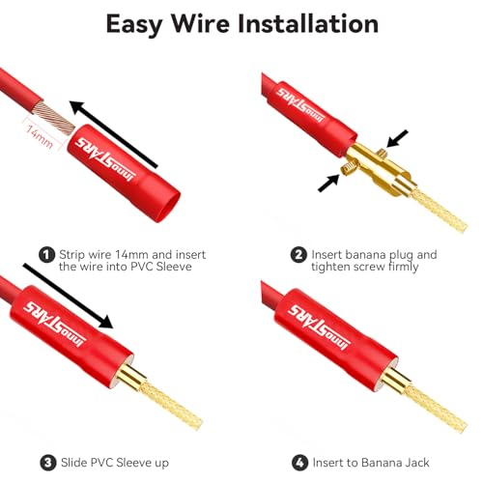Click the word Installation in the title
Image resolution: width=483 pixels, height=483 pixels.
[x=308, y=23]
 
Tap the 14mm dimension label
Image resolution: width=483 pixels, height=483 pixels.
[x=40, y=137]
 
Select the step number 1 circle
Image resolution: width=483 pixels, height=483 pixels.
[x=46, y=255]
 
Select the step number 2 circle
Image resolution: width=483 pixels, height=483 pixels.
[x=298, y=255]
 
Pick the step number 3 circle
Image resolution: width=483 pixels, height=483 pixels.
[x=48, y=463]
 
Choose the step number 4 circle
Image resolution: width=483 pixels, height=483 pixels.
[x=299, y=463]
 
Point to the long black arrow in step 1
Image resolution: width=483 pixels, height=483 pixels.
[x=113, y=134]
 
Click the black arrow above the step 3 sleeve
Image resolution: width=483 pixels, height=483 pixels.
[x=68, y=296]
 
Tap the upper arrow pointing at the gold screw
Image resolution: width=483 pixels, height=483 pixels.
[x=397, y=138]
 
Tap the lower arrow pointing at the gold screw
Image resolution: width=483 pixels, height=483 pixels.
[x=328, y=183]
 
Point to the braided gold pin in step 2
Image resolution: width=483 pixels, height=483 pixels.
[x=439, y=210]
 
